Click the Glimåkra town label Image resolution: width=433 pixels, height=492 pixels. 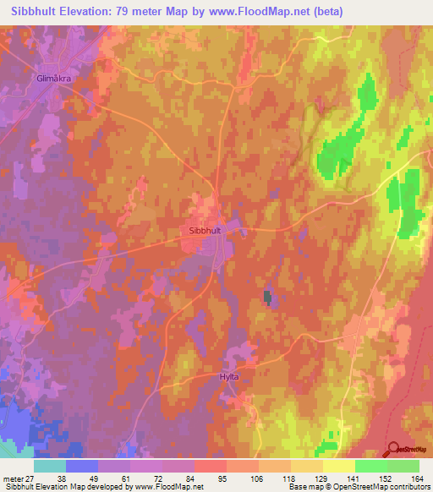(54, 76)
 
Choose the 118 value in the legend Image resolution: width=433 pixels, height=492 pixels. (274, 478)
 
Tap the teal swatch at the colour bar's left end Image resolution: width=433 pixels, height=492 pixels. (50, 466)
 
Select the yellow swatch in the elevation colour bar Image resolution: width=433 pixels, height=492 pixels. (338, 466)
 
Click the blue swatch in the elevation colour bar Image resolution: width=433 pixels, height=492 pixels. (82, 466)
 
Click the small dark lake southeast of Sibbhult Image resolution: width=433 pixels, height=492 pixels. (268, 297)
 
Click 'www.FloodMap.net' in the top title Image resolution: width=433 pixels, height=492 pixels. (277, 11)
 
